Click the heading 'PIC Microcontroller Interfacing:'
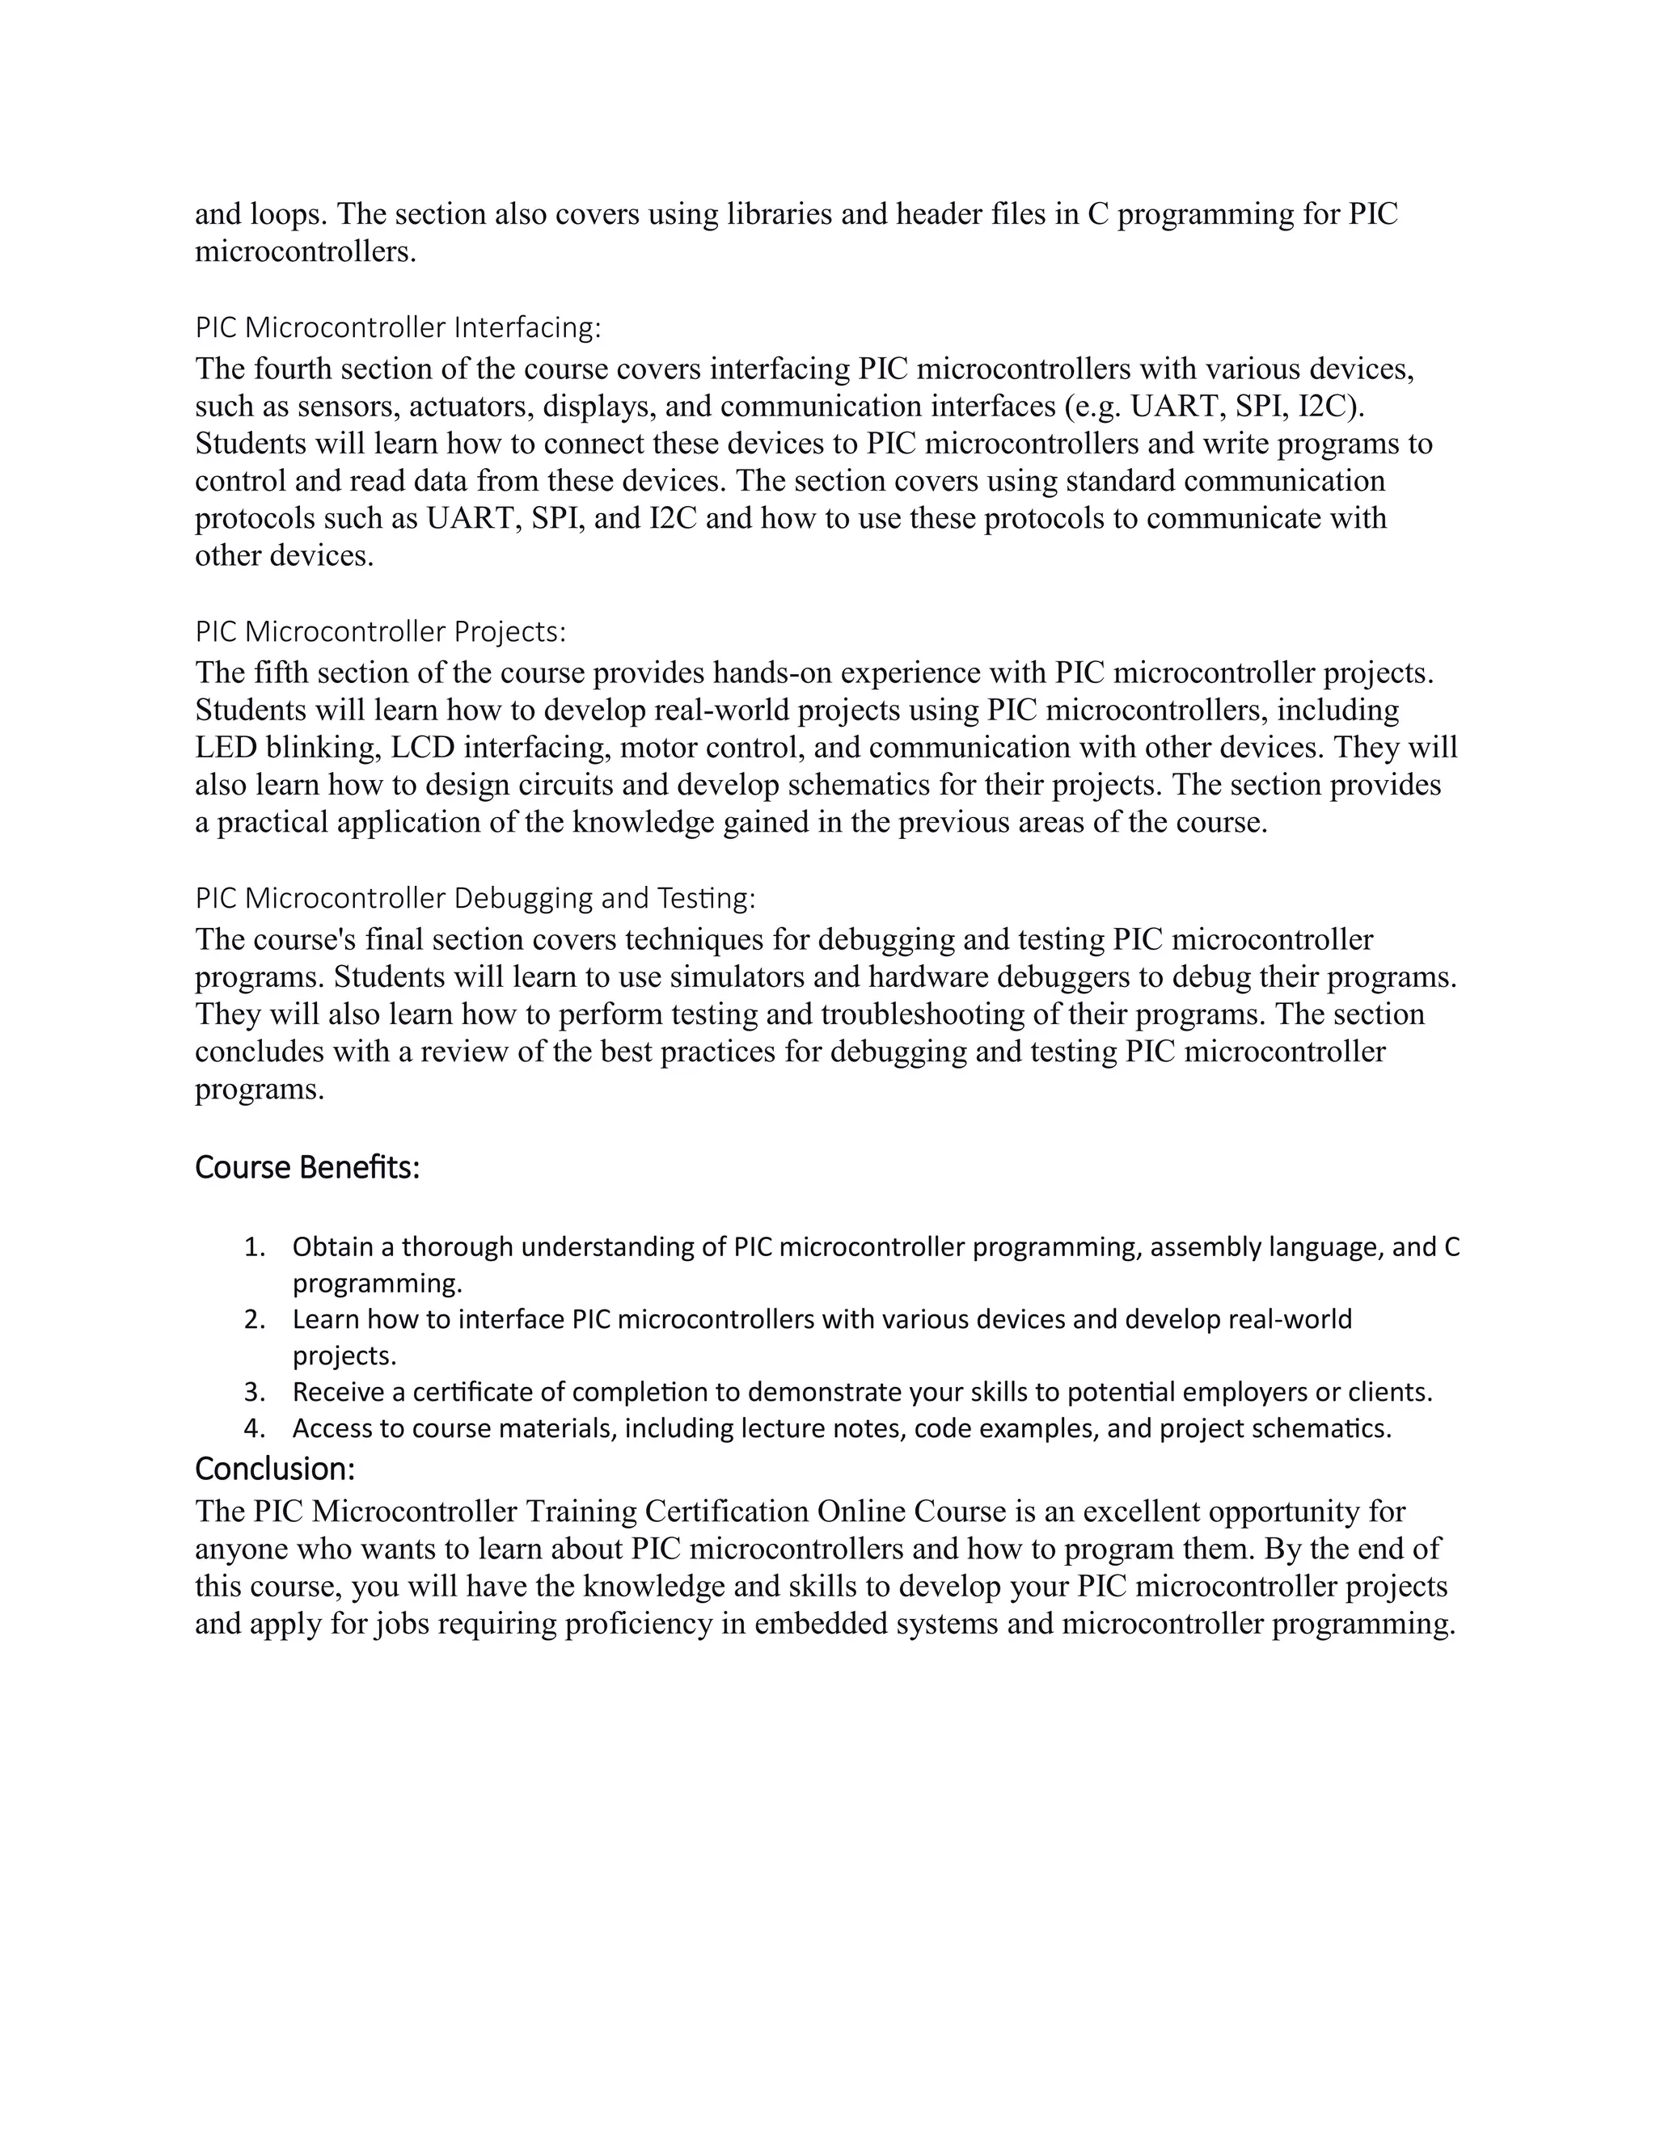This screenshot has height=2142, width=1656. (397, 327)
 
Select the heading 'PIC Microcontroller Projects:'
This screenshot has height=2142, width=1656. (381, 631)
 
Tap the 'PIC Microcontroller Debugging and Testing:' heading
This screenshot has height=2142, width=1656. (475, 898)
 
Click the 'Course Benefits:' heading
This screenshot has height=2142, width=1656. (307, 1168)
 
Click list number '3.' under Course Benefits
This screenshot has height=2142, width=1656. (254, 1393)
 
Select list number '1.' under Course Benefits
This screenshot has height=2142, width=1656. (254, 1247)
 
